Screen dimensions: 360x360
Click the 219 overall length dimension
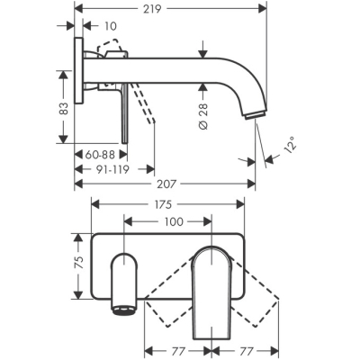tap(152, 9)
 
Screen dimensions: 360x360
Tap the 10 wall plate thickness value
tap(111, 26)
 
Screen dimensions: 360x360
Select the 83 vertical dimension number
tap(63, 108)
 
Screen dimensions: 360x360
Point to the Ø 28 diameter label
tap(203, 116)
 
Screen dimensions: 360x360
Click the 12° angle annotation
tap(290, 145)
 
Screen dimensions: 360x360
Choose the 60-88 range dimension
tap(100, 155)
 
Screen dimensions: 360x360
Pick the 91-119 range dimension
tap(112, 170)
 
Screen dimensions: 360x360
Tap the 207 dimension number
tap(166, 184)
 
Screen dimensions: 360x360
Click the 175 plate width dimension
tap(163, 204)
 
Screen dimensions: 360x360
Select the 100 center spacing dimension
tap(174, 222)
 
